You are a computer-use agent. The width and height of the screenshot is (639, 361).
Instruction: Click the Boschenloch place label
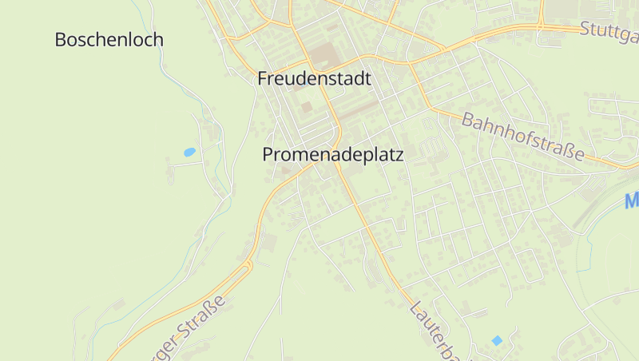(x=109, y=39)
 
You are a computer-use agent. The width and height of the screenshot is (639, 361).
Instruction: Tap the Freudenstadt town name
(x=315, y=79)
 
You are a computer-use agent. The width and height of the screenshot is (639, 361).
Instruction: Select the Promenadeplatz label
(x=333, y=155)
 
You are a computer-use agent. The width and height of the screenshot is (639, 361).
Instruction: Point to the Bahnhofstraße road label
(x=523, y=136)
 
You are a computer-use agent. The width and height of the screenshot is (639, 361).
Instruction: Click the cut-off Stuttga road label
(x=609, y=33)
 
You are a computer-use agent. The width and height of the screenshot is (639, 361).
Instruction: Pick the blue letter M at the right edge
(x=632, y=200)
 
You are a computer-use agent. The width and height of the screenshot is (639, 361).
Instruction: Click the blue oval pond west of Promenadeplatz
(x=189, y=152)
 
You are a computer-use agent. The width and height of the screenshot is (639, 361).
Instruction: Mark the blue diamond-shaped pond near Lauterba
(x=497, y=341)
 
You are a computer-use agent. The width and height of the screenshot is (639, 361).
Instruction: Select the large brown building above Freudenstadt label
(x=323, y=56)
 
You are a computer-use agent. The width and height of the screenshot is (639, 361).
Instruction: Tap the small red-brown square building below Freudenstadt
(x=307, y=107)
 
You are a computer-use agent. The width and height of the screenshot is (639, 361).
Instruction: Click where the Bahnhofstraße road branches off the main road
(x=412, y=63)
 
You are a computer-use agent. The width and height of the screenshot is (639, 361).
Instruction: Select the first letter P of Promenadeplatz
(x=268, y=155)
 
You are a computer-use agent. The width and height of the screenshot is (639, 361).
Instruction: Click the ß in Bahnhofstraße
(x=566, y=149)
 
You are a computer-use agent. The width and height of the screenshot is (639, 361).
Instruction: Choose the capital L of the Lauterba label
(x=415, y=307)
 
